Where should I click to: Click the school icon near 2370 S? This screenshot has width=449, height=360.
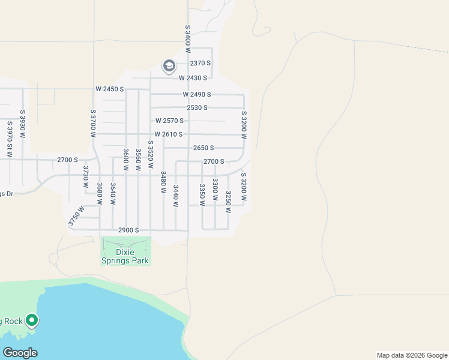[x=169, y=65]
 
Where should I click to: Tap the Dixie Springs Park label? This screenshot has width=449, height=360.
[x=125, y=256]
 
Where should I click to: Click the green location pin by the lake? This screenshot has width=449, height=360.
[x=32, y=321]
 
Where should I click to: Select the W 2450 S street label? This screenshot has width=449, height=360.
[x=109, y=89]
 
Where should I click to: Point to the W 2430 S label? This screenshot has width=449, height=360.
[x=193, y=78]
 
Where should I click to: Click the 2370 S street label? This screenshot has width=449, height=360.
[x=200, y=64]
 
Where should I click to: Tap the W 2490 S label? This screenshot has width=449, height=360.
[x=197, y=95]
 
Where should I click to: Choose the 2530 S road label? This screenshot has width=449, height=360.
[x=197, y=108]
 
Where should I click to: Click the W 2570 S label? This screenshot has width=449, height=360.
[x=169, y=121]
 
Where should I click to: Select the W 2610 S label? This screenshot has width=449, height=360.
[x=168, y=134]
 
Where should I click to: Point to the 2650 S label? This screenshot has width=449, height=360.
[x=203, y=148]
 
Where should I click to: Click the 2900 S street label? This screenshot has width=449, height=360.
[x=128, y=230]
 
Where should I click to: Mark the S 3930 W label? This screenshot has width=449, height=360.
[x=23, y=124]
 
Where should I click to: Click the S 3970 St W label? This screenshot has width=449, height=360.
[x=10, y=139]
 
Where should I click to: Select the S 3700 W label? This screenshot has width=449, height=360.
[x=93, y=124]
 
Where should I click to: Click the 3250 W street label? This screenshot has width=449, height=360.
[x=228, y=202]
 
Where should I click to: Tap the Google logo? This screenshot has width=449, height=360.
[x=20, y=353]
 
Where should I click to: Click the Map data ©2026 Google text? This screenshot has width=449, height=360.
[x=411, y=355]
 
